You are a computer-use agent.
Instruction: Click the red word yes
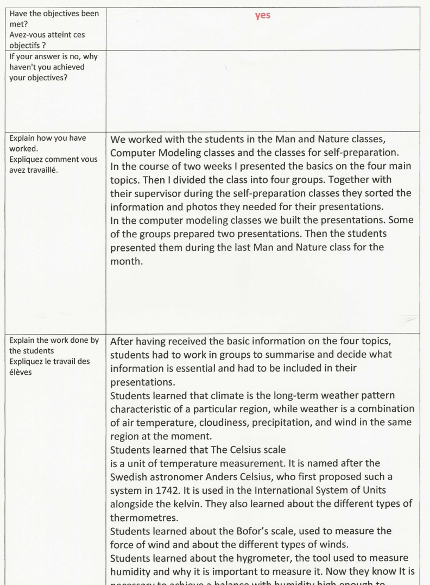click(x=263, y=16)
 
